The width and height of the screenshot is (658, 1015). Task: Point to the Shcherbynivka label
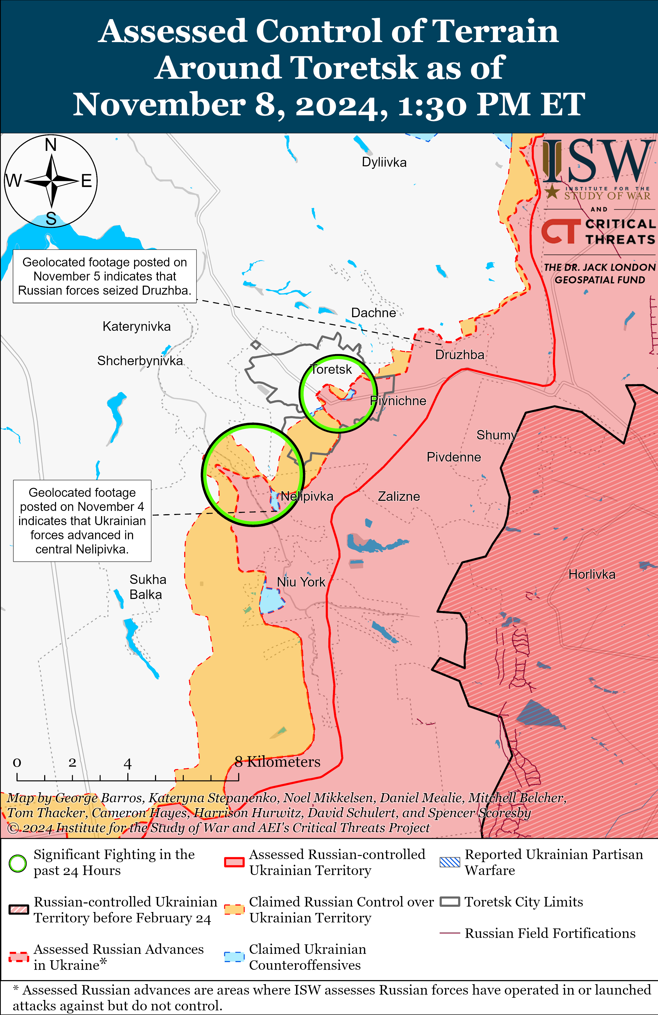140,361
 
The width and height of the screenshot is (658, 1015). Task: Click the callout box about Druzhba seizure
105,276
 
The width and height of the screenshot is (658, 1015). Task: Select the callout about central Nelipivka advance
82,521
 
